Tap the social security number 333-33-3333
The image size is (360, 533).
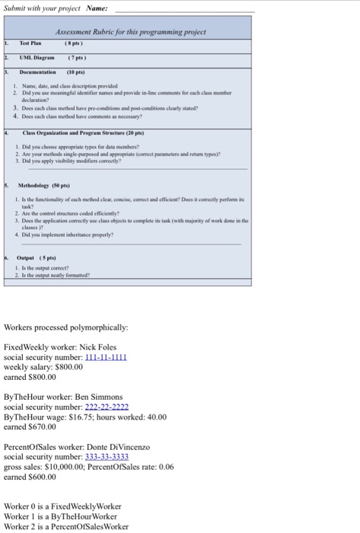[106, 457]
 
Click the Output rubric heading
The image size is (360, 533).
[29, 258]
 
